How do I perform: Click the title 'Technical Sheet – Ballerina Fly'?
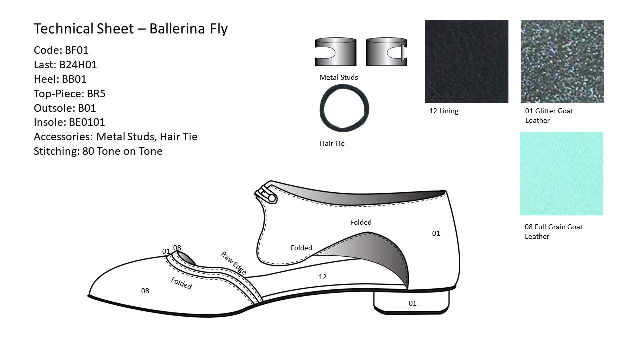[x=131, y=29]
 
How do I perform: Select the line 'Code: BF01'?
[x=61, y=50]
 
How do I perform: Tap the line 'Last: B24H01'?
[x=65, y=65]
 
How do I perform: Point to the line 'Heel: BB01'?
[x=60, y=79]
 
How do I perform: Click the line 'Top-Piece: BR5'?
[x=70, y=94]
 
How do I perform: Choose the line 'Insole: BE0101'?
[x=69, y=122]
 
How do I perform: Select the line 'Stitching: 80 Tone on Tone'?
[x=98, y=151]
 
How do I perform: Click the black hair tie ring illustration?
[x=344, y=108]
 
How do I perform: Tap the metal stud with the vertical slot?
[x=386, y=52]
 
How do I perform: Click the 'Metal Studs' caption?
[x=339, y=77]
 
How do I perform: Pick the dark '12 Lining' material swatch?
[x=467, y=61]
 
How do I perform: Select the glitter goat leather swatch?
[x=562, y=61]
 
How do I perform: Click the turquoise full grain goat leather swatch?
[x=561, y=173]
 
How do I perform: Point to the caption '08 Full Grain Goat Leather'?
[x=553, y=231]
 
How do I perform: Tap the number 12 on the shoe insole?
[x=323, y=277]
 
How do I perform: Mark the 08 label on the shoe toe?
[x=145, y=291]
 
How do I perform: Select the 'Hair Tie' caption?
[x=332, y=144]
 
